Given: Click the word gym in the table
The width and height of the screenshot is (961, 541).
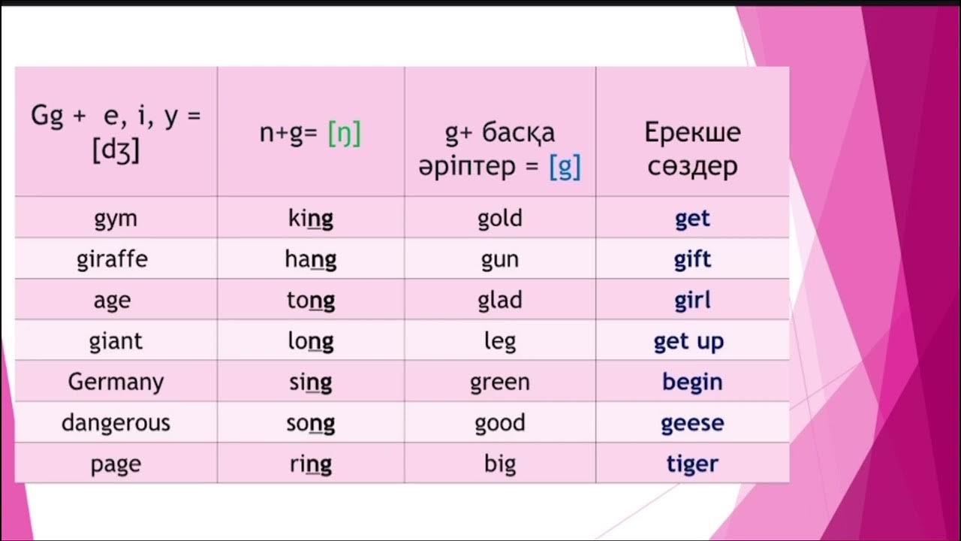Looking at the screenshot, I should click(x=116, y=219).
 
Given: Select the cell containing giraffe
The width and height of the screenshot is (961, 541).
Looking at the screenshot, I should click(x=116, y=260).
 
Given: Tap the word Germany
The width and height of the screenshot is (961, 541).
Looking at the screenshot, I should click(x=116, y=382).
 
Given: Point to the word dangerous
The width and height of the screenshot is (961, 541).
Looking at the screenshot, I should click(x=116, y=423).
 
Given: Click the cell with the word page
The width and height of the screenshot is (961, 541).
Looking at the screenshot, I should click(x=116, y=464).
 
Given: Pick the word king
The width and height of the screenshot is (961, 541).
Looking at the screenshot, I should click(x=311, y=219).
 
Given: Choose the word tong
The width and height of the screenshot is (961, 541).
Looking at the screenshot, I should click(x=311, y=301).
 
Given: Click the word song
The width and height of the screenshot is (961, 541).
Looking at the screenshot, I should click(x=311, y=423).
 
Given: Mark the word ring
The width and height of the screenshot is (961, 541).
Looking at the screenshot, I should click(x=311, y=464).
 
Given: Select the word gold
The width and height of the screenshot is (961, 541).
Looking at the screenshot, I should click(x=499, y=219).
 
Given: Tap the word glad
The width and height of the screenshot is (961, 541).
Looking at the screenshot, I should click(x=499, y=301).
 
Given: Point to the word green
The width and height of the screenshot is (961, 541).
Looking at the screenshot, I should click(x=499, y=382).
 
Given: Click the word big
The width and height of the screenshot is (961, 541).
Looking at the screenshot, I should click(x=499, y=464).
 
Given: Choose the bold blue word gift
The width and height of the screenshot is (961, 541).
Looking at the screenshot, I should click(x=692, y=260).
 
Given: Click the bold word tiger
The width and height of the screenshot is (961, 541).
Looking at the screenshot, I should click(x=692, y=464).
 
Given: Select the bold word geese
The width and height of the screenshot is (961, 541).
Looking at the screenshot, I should click(x=692, y=423).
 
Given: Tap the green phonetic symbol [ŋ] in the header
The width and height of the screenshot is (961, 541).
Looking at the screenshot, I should click(x=345, y=134).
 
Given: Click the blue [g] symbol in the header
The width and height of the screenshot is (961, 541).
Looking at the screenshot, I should click(x=565, y=166).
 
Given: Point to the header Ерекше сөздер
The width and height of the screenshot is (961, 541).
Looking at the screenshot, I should click(x=692, y=149).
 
